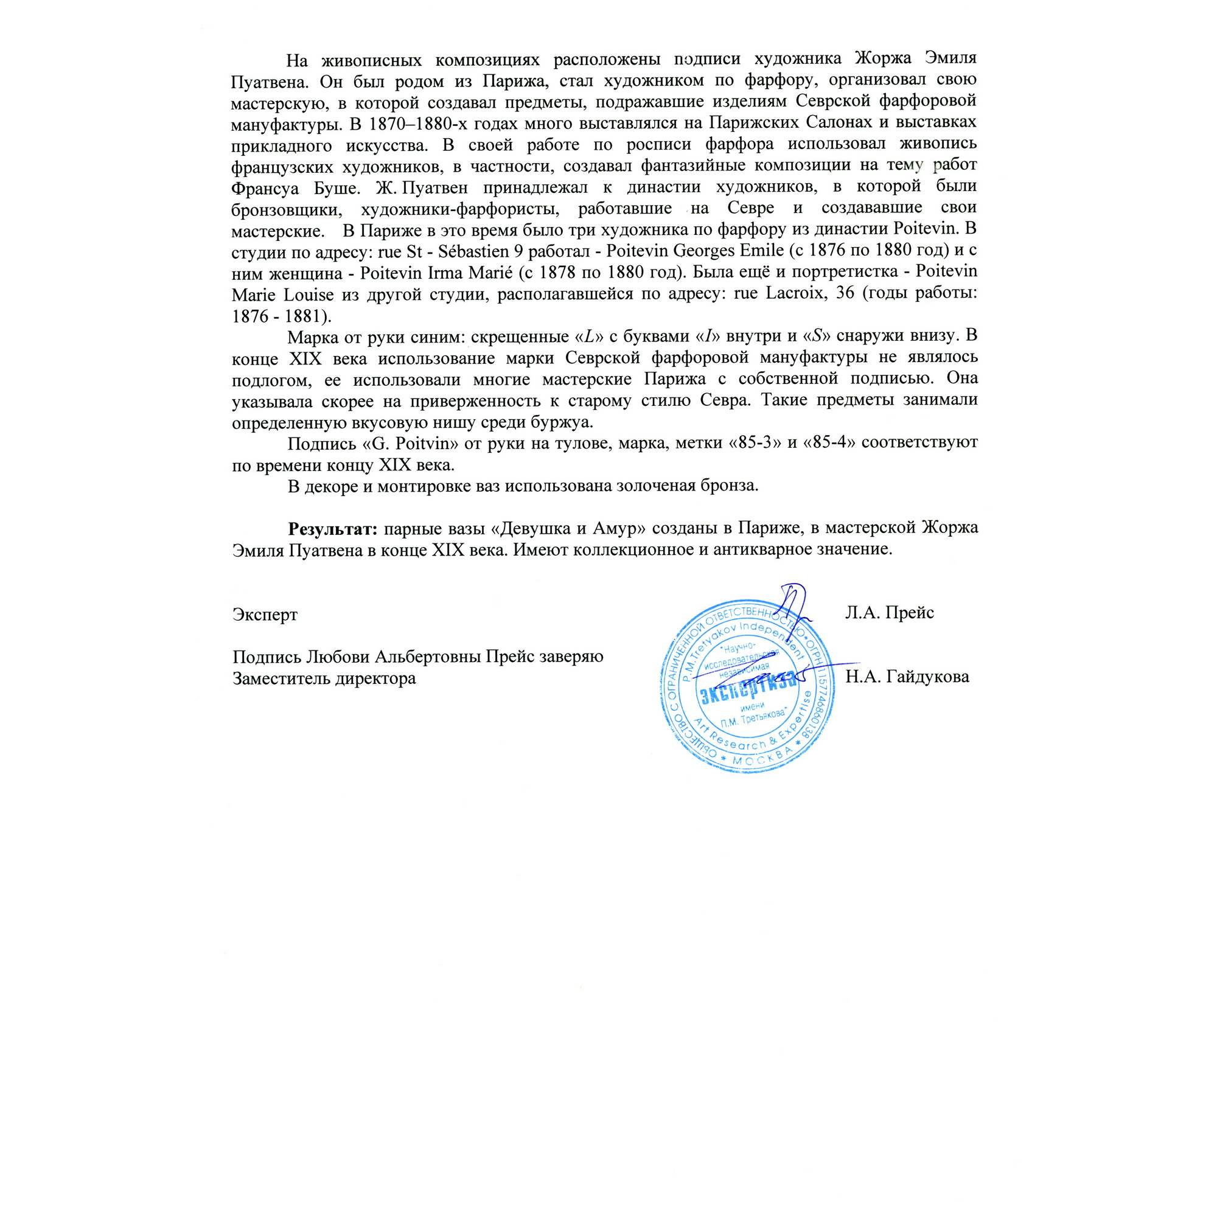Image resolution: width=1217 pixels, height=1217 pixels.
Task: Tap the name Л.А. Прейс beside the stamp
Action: [890, 612]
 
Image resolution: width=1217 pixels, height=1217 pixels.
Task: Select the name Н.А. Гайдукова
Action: [908, 677]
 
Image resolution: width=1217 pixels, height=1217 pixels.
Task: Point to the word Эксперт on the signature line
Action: [265, 614]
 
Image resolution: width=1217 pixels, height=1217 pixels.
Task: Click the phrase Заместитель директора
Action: [324, 679]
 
